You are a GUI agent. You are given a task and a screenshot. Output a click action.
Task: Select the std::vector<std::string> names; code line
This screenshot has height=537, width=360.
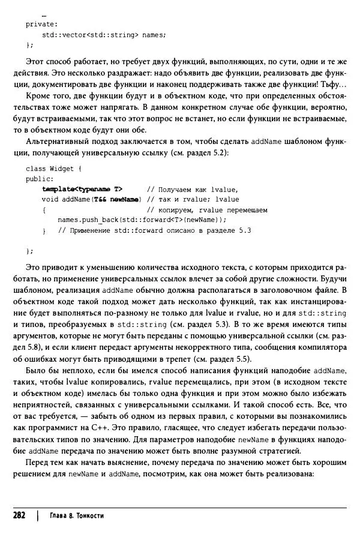click(103, 35)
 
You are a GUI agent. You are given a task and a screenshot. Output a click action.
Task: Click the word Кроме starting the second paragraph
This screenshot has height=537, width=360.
click(38, 96)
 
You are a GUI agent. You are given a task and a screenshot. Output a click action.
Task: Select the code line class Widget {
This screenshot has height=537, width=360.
click(58, 169)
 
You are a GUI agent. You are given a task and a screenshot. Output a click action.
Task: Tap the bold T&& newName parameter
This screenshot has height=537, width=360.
click(117, 199)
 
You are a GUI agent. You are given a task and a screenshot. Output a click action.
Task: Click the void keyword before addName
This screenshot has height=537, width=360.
click(50, 199)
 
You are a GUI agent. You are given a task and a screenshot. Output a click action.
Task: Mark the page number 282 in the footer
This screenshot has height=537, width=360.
click(19, 515)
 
